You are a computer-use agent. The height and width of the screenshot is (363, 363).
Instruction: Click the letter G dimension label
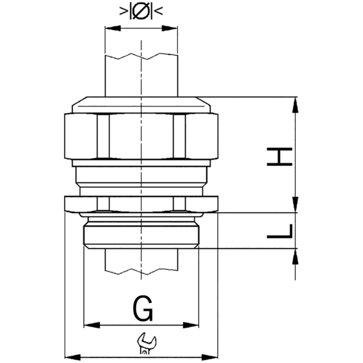click(142, 310)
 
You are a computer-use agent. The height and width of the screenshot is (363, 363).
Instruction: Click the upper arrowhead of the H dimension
click(295, 103)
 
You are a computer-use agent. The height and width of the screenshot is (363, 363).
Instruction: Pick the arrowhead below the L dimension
click(295, 255)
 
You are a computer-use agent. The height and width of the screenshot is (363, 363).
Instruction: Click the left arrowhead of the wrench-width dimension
click(70, 356)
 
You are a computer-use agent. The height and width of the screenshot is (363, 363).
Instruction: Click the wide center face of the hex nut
click(141, 137)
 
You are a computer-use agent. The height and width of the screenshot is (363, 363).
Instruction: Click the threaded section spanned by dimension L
click(141, 232)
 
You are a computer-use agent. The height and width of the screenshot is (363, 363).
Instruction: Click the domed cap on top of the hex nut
click(141, 105)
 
